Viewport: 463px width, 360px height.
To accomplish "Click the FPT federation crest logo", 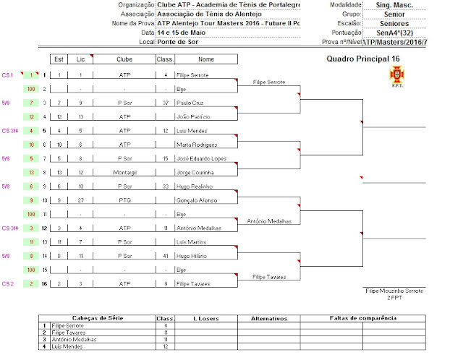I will click(396, 74).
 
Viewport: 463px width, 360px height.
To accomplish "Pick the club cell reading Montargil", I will click(124, 172).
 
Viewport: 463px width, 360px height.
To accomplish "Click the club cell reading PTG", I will click(124, 200).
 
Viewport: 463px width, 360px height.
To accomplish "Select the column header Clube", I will click(124, 59).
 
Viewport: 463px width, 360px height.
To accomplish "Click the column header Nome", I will click(205, 59).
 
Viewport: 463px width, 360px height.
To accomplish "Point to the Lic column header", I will click(81, 59).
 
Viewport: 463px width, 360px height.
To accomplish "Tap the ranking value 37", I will click(166, 103).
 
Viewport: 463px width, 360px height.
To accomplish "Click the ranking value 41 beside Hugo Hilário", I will click(166, 255).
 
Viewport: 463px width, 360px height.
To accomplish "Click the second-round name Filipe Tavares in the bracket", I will click(268, 276).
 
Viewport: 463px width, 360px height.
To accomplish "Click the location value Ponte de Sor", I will click(177, 42).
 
